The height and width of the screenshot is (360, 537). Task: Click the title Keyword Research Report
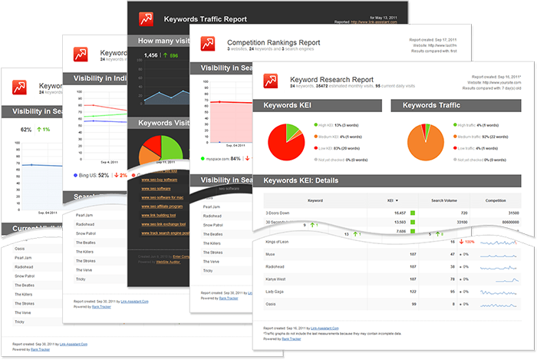331,79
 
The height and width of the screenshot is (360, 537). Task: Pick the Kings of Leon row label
278,241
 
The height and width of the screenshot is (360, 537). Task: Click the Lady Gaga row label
274,291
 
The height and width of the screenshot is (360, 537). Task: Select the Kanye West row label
275,279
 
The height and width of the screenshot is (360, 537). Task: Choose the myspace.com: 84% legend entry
222,159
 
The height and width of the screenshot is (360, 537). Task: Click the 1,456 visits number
151,55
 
